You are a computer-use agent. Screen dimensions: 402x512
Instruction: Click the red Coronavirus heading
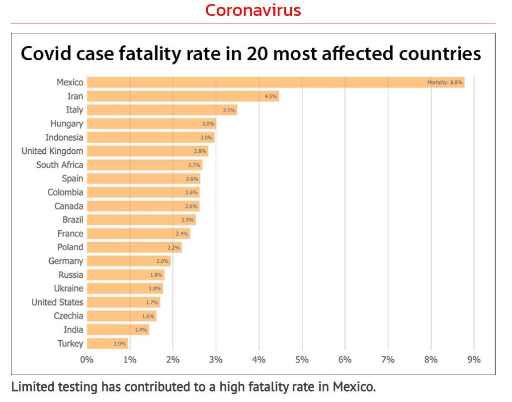click(253, 10)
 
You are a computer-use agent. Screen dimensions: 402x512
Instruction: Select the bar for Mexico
click(276, 83)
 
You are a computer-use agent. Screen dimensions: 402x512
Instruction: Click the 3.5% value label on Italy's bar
click(229, 110)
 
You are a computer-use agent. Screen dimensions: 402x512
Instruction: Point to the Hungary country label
click(67, 123)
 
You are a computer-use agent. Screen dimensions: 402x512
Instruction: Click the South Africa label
click(59, 165)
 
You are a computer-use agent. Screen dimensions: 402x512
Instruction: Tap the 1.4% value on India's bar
click(140, 330)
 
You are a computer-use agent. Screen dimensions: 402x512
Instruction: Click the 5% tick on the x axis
click(302, 359)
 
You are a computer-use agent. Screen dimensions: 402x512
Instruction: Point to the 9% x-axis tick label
click(474, 359)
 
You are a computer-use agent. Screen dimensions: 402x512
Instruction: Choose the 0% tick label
click(87, 359)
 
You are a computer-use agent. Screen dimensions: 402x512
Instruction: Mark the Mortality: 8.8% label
click(445, 83)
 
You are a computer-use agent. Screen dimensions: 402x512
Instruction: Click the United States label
click(57, 302)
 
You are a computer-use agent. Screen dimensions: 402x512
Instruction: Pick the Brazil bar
click(141, 220)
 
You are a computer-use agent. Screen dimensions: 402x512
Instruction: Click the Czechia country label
click(69, 316)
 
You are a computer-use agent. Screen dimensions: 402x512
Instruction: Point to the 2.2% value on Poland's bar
click(173, 248)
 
